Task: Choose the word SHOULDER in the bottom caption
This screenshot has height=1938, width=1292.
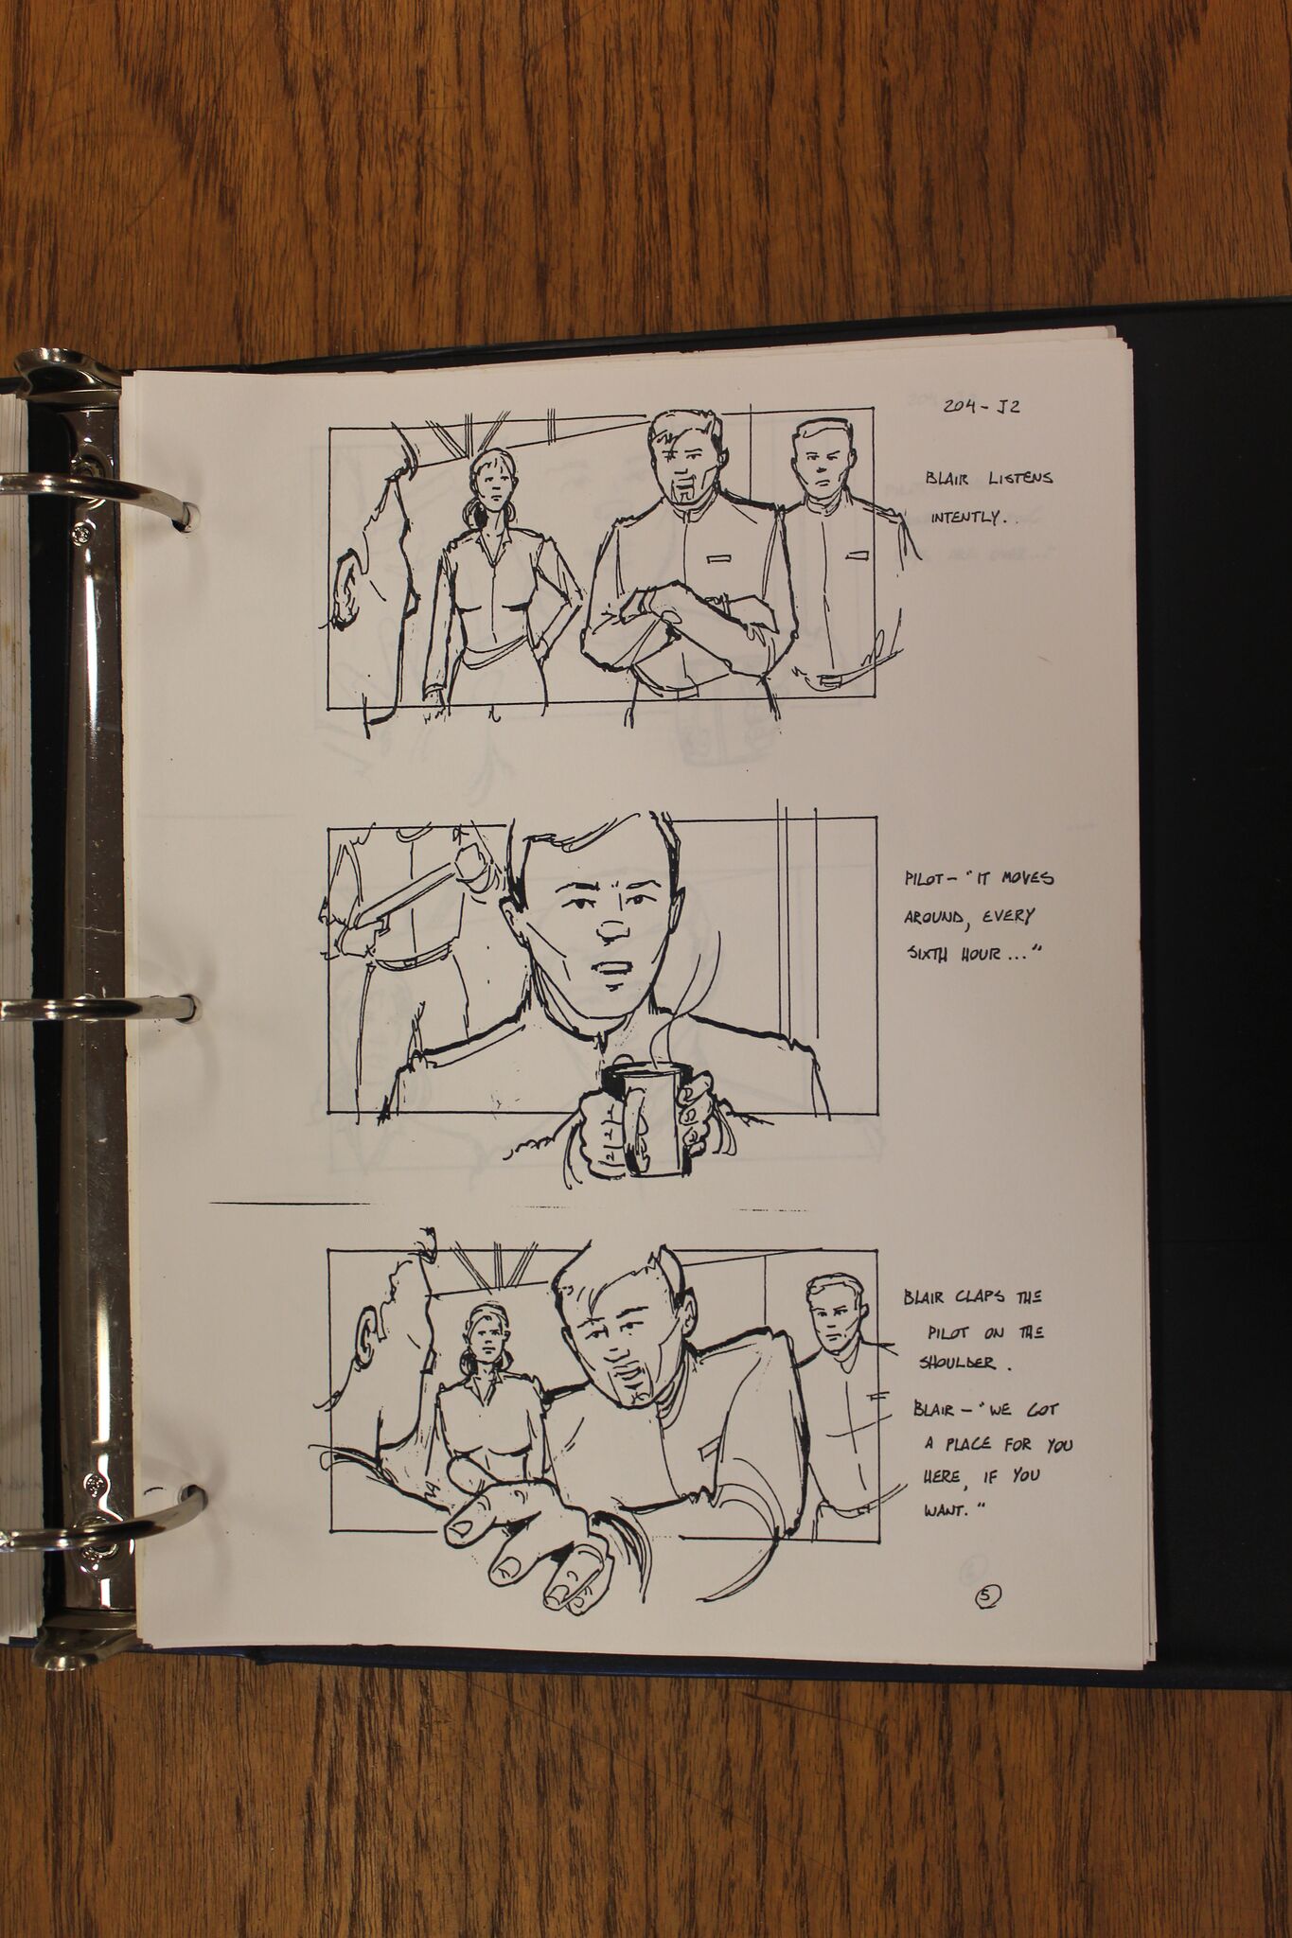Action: pos(957,1362)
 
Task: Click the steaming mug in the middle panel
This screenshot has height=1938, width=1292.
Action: pos(641,1099)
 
